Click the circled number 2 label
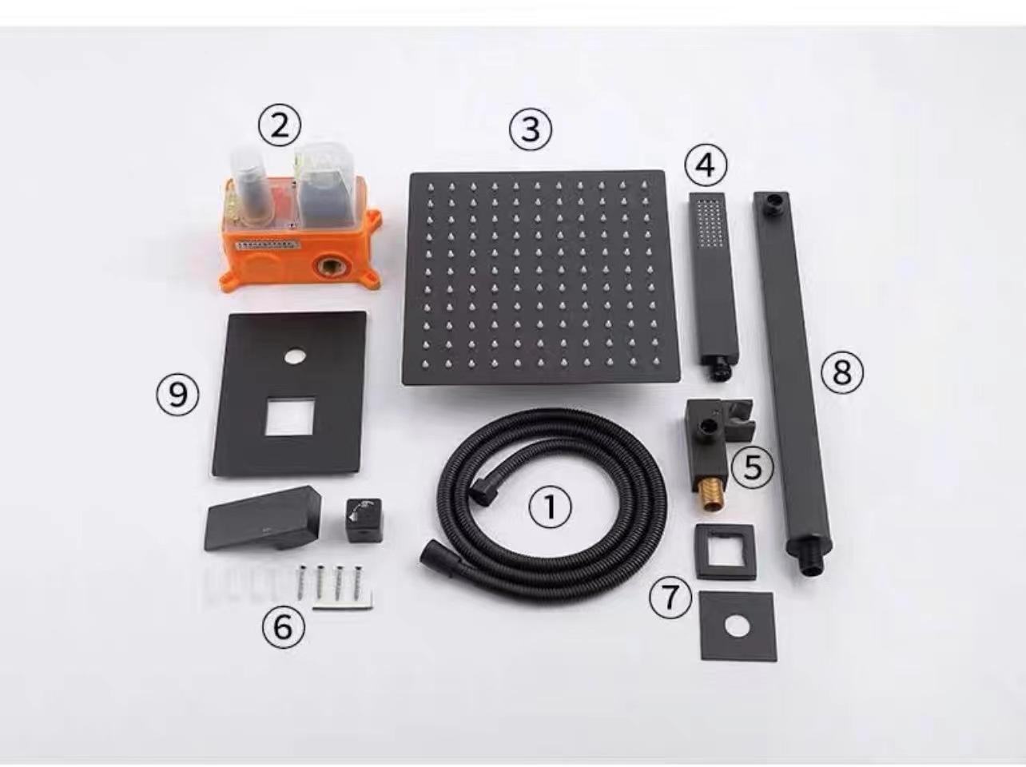coord(279,126)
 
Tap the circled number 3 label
coord(531,128)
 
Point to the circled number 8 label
coord(841,372)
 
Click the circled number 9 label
coord(177,394)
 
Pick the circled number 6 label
coord(284,627)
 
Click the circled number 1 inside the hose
coord(550,507)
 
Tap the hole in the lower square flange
coord(736,626)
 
